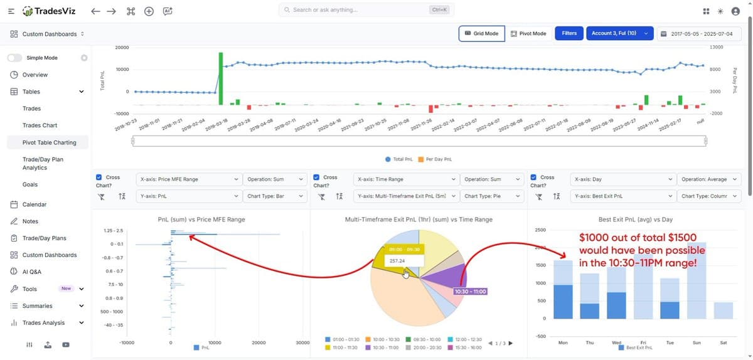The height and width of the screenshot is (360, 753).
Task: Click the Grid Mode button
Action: (x=481, y=33)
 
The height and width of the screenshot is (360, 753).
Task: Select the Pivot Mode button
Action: (x=528, y=33)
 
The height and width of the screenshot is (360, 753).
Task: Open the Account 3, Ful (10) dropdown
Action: (x=619, y=33)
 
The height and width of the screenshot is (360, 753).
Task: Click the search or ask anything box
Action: (x=366, y=10)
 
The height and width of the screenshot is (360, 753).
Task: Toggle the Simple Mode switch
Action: (x=15, y=58)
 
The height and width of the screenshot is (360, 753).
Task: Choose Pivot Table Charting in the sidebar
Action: (x=49, y=142)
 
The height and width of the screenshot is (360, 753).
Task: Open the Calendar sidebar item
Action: (x=35, y=204)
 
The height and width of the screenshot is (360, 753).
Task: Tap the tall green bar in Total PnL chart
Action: (x=221, y=78)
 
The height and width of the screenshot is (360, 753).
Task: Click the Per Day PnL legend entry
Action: (x=439, y=159)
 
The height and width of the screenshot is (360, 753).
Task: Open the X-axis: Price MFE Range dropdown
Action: (x=188, y=179)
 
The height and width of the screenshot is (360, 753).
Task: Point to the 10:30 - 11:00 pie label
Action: (x=470, y=292)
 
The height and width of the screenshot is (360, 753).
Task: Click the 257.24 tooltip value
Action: (x=397, y=260)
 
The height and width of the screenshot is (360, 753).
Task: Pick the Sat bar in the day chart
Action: (x=723, y=310)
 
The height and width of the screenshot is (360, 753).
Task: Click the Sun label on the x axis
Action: (x=696, y=342)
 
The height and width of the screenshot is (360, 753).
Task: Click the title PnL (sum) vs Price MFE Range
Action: (x=201, y=220)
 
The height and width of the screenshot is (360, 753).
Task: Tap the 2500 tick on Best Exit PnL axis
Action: (x=540, y=230)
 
